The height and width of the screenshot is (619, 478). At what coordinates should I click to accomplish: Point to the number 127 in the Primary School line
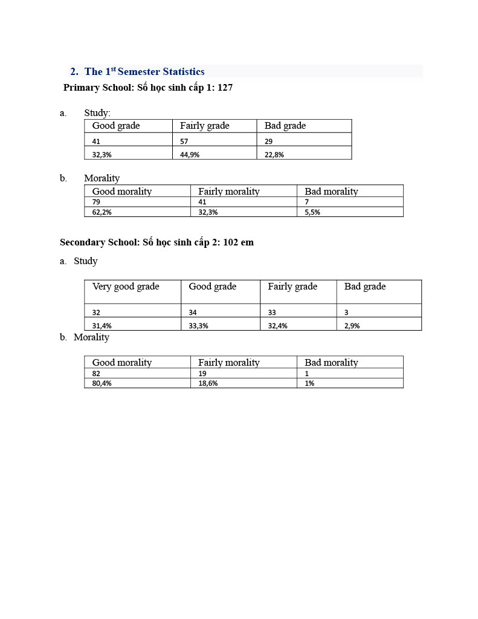225,88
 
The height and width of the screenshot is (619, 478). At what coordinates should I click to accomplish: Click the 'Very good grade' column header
126,287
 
